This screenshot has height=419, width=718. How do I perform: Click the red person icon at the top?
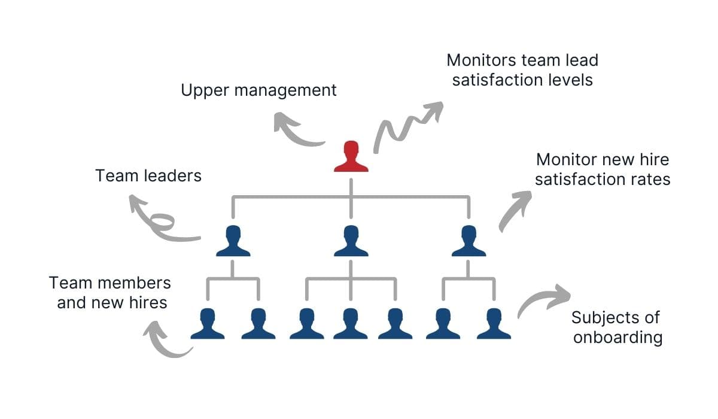[351, 157]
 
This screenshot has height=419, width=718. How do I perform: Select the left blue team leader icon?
[233, 241]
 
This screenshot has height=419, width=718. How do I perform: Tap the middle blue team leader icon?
[351, 241]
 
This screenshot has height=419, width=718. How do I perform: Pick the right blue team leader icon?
[468, 241]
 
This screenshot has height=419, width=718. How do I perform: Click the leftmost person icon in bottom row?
[208, 324]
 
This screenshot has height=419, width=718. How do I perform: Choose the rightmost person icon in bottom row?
[494, 324]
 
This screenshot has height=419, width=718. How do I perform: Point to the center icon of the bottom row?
[351, 324]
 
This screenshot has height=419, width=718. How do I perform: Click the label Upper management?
[258, 90]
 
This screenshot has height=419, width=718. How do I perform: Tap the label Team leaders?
[148, 176]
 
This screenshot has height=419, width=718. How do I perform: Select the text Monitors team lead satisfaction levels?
[522, 70]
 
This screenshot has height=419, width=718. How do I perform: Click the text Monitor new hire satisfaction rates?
[602, 169]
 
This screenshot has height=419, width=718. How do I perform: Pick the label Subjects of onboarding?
[617, 327]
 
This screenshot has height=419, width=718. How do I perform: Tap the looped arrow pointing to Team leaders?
[160, 221]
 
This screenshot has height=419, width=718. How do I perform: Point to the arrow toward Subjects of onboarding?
[541, 299]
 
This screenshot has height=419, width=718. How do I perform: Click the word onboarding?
[617, 338]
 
